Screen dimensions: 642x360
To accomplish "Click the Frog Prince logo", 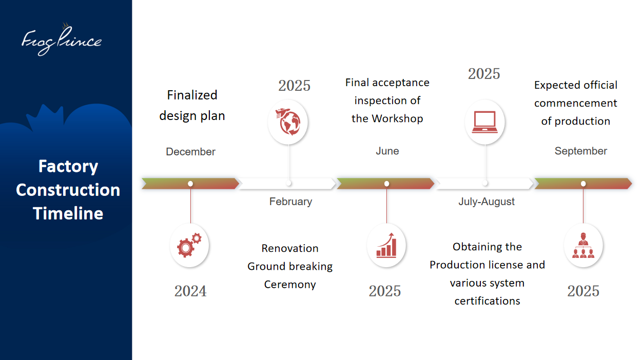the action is pos(62,40).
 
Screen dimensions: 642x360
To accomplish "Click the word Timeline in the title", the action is pos(68,213).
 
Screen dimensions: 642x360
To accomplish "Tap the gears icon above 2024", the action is pos(189,245).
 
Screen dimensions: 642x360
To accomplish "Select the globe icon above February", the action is pos(288,122).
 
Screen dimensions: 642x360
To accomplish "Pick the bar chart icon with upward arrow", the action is pos(386,246).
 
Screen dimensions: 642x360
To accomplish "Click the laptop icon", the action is pos(484,122).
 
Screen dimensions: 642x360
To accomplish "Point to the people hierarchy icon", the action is pos(583,246).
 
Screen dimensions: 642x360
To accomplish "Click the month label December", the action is pos(190,151).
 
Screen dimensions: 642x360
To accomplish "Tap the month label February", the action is pos(290,202).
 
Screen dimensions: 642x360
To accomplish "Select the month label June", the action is pos(387,151).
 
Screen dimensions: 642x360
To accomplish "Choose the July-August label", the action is pos(487,202).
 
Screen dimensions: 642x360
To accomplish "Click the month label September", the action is pos(580,151).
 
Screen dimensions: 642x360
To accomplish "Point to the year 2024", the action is pos(190,291).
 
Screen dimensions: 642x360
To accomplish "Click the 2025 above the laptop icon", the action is pos(484,74).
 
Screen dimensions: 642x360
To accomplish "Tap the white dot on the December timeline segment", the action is pos(190,184).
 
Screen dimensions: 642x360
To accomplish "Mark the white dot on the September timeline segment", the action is pos(583,184).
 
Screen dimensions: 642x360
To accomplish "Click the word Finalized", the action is pos(192,95).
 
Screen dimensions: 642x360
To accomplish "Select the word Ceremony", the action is pos(290,285).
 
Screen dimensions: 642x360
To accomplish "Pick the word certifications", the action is pos(487,301).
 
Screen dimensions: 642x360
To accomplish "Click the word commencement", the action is pos(575,103).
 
